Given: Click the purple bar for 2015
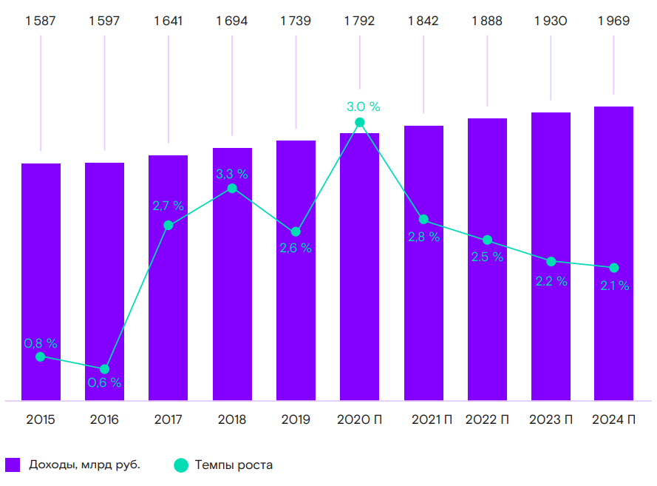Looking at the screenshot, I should [x=41, y=281].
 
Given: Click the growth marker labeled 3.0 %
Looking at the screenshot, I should [x=359, y=123].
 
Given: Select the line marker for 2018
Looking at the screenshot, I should [x=232, y=188].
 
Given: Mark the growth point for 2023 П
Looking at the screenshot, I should [x=551, y=261].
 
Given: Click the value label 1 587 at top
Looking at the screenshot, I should [x=41, y=21].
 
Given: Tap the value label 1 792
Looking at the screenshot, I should [x=359, y=21].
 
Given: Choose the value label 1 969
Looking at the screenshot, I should [x=614, y=21].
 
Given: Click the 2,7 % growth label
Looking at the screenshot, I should [x=168, y=206].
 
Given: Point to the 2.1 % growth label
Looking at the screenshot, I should [x=614, y=286].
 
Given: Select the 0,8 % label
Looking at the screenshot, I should [x=41, y=343].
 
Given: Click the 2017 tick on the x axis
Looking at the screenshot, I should [x=168, y=420].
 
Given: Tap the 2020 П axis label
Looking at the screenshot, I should [x=359, y=420].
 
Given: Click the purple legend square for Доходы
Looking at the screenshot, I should [x=13, y=465].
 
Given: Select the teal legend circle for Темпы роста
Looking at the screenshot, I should [x=181, y=465].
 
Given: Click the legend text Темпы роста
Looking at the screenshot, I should [x=234, y=465].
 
